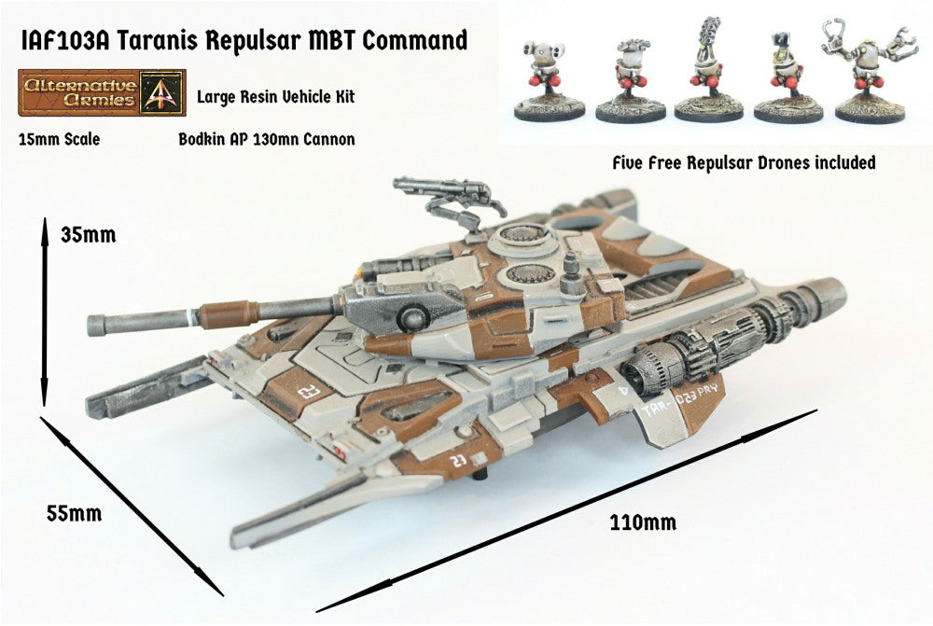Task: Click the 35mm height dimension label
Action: click(89, 235)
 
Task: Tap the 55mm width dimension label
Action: click(74, 513)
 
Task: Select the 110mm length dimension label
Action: click(643, 522)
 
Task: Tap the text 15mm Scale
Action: click(59, 140)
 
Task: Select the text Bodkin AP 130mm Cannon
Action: click(266, 140)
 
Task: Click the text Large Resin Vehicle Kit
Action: click(275, 96)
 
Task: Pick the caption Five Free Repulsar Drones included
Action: click(743, 162)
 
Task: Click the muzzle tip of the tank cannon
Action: click(96, 326)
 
